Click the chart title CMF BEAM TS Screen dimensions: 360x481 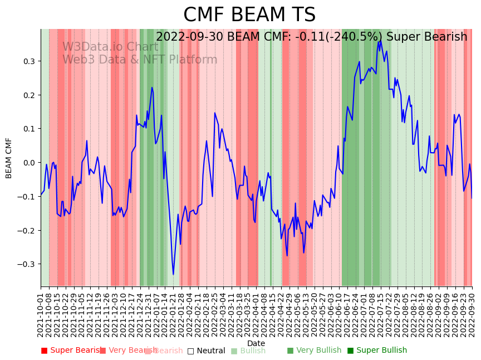(x=249, y=15)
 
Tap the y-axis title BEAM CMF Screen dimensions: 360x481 (x=9, y=158)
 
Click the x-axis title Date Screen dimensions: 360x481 (x=256, y=343)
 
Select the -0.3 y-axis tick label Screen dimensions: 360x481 (x=26, y=264)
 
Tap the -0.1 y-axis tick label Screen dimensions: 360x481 (x=26, y=197)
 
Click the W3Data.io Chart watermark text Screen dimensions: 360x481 (x=110, y=47)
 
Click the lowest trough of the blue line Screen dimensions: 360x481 (x=173, y=274)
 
